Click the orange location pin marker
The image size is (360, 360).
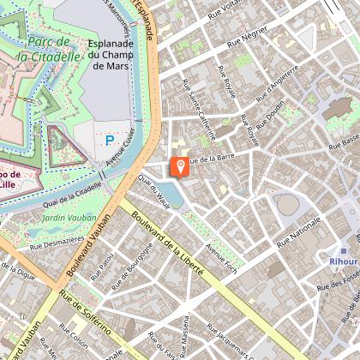point(181,166)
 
